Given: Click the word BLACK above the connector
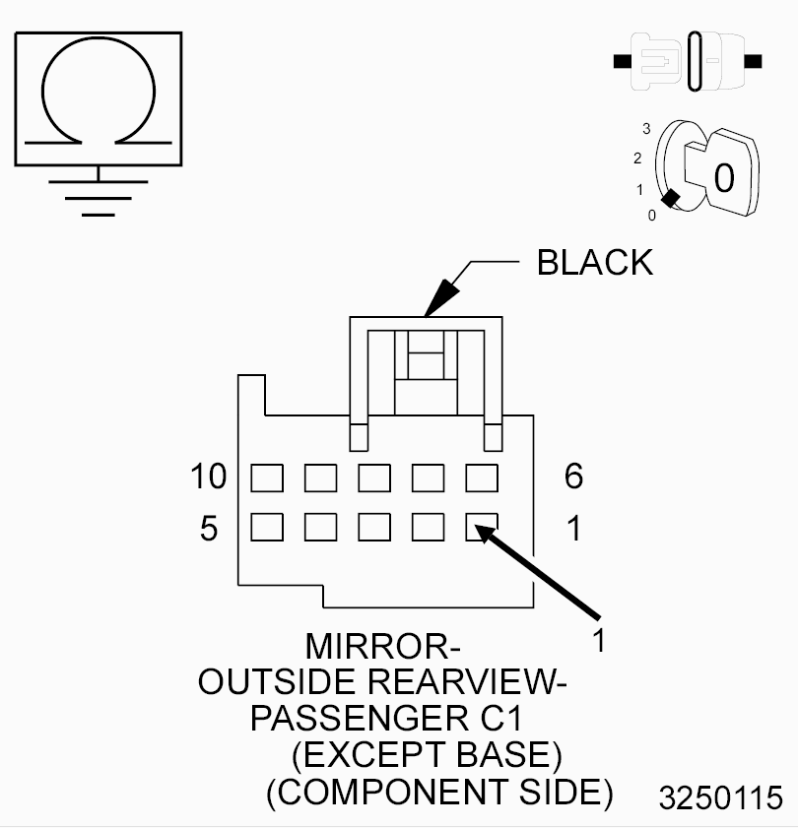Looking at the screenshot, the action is pyautogui.click(x=595, y=263).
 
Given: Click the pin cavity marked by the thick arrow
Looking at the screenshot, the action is pyautogui.click(x=482, y=527).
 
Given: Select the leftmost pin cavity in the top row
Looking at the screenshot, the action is pyautogui.click(x=267, y=478).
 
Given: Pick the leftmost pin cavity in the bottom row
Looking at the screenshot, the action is pyautogui.click(x=267, y=527).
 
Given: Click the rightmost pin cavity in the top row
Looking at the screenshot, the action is pyautogui.click(x=482, y=478).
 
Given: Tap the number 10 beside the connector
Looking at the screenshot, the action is pyautogui.click(x=209, y=477).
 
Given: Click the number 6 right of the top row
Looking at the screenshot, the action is pyautogui.click(x=573, y=477).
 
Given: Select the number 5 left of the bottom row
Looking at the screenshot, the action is pyautogui.click(x=209, y=528).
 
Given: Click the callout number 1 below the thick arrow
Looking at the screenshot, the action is pyautogui.click(x=599, y=641).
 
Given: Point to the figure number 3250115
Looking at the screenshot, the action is pyautogui.click(x=721, y=797).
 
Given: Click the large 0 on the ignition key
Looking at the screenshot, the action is pyautogui.click(x=724, y=178).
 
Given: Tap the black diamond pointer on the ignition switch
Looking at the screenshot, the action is pyautogui.click(x=671, y=199).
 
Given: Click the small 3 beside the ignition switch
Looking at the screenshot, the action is pyautogui.click(x=646, y=128).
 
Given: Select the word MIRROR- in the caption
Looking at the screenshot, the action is pyautogui.click(x=382, y=646).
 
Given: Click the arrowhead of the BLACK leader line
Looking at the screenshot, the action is pyautogui.click(x=441, y=298).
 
